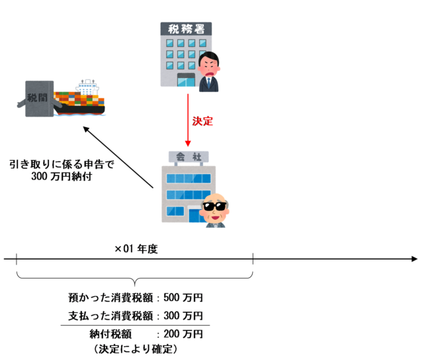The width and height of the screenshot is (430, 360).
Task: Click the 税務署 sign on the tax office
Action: click(x=186, y=28)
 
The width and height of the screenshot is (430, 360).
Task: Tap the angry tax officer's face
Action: click(x=209, y=66)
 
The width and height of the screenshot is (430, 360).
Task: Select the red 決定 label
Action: click(x=202, y=121)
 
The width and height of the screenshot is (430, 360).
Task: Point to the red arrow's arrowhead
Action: click(x=188, y=143)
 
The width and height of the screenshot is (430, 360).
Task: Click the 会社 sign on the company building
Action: click(x=189, y=157)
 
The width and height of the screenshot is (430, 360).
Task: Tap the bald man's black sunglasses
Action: click(x=215, y=206)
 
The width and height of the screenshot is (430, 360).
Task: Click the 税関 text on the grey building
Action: click(x=38, y=98)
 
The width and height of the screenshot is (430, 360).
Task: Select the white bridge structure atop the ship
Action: click(x=87, y=87)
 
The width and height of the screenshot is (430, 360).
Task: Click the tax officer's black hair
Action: click(x=208, y=56)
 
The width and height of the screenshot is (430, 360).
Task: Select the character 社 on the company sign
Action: click(x=196, y=157)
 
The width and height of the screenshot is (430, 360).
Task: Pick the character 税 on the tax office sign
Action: click(x=174, y=28)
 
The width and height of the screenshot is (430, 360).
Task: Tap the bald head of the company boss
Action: click(x=215, y=197)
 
